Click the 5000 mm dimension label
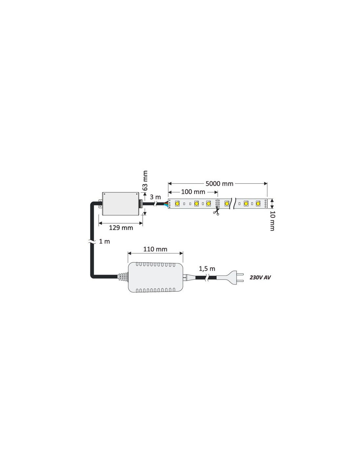tap(219, 183)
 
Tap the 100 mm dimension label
tap(193, 192)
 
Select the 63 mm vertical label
tap(145, 181)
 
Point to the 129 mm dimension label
tap(121, 228)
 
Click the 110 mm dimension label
tap(155, 249)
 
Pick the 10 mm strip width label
tap(272, 221)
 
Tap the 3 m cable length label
tap(155, 197)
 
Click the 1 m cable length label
tap(104, 241)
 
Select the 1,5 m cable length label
tap(207, 268)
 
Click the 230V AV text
tap(260, 278)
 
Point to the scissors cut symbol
tap(216, 213)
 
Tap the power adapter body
tap(155, 277)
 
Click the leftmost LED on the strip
tap(177, 203)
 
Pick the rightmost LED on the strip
tap(258, 203)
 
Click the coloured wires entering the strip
tap(166, 204)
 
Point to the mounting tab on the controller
tap(100, 204)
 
